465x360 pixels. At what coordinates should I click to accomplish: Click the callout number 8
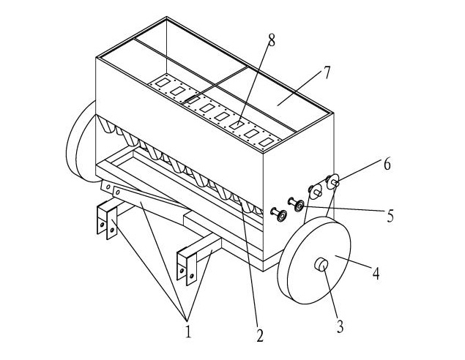(272, 40)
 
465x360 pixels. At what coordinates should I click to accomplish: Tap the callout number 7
(327, 72)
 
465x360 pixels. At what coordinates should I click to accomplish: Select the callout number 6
(387, 164)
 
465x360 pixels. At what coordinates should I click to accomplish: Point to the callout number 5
(390, 215)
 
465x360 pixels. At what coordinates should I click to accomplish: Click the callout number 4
(376, 273)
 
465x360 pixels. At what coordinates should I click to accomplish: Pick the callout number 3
(340, 326)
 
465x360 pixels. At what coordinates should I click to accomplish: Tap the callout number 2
(260, 335)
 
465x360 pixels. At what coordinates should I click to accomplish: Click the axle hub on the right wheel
(321, 264)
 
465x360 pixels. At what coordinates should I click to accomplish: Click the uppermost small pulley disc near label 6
(332, 181)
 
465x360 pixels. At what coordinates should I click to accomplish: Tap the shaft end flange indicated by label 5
(299, 205)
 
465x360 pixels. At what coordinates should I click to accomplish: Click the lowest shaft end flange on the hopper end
(280, 215)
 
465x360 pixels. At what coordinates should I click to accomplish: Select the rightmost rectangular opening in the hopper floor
(267, 142)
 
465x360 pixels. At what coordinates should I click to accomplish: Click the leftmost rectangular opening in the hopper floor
(163, 83)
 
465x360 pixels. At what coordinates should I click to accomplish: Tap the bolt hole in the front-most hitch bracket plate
(192, 276)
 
